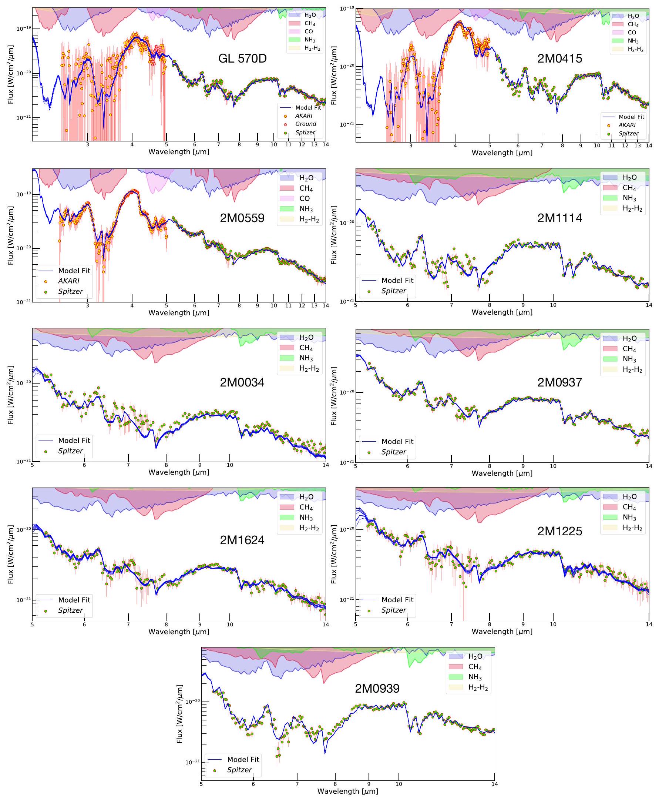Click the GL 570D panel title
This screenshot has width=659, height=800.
pyautogui.click(x=242, y=58)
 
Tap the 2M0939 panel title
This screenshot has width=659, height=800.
pyautogui.click(x=377, y=688)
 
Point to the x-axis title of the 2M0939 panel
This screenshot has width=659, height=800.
pyautogui.click(x=348, y=791)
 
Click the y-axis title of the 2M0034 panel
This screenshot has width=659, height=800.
pyautogui.click(x=10, y=395)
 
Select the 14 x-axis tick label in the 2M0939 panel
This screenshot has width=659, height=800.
pyautogui.click(x=494, y=784)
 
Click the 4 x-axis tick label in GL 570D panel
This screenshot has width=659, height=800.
pyautogui.click(x=132, y=145)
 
